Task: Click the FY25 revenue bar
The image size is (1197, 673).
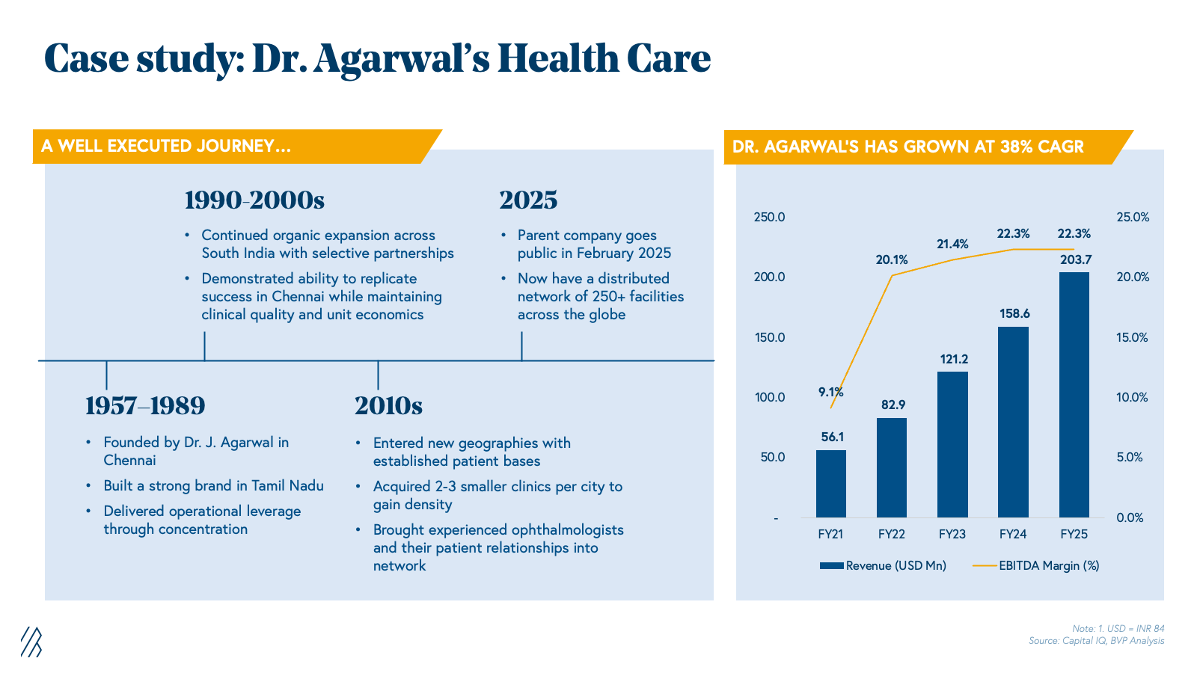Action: coord(1074,395)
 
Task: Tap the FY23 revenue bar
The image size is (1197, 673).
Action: coord(952,444)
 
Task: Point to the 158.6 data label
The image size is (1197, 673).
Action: coord(1014,314)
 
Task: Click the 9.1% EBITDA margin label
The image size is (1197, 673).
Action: coord(830,392)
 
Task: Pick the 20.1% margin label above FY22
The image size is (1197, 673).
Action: coord(892,260)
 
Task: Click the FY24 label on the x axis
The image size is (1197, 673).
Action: coord(1013,534)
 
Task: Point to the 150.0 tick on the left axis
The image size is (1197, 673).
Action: coord(770,337)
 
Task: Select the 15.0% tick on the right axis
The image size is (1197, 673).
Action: coord(1132,337)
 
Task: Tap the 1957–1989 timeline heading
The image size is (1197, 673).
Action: coord(145,406)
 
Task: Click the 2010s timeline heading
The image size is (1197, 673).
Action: coord(388,406)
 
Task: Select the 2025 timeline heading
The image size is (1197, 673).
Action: coord(528,200)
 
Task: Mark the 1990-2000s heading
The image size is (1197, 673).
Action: coord(254,200)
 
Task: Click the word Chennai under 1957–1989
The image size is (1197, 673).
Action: coord(129,461)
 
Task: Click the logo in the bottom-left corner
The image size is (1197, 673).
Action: coord(31,642)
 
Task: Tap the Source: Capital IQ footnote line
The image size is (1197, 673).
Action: coord(1096,641)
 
